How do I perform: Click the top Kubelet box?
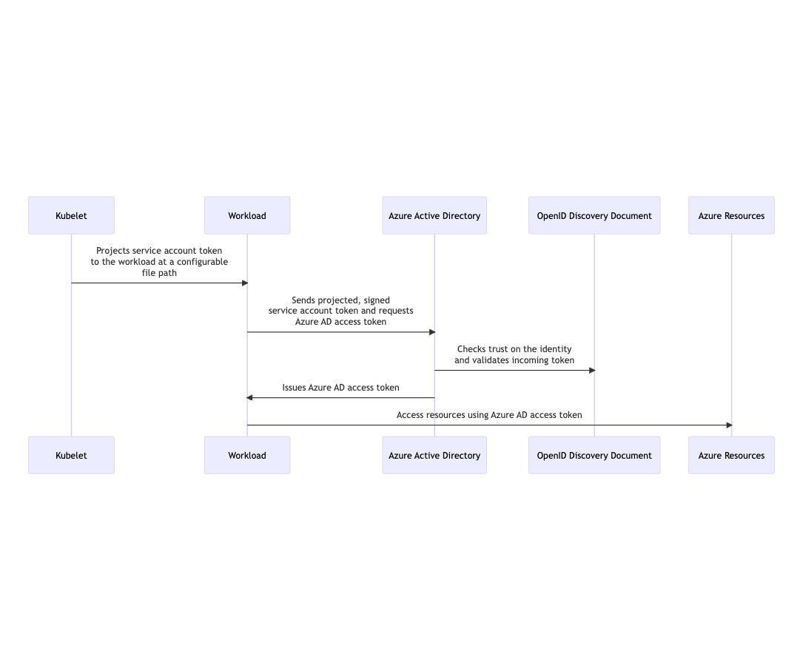[x=71, y=215]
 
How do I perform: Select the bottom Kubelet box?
[x=71, y=455]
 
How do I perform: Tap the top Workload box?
[x=247, y=215]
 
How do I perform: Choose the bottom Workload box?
[x=247, y=455]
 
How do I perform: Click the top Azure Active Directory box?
[x=434, y=215]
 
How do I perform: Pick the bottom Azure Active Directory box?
[x=434, y=455]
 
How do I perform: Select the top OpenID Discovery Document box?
[x=594, y=215]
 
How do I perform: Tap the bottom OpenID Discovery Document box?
[x=594, y=455]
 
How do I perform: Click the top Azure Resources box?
[x=731, y=215]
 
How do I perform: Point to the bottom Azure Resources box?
[x=731, y=455]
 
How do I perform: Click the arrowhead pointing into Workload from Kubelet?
[x=244, y=283]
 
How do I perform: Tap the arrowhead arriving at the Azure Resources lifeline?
[x=728, y=425]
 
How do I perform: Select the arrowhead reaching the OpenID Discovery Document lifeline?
[x=591, y=371]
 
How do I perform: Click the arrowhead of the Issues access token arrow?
[x=250, y=398]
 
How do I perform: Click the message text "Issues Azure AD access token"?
[x=340, y=388]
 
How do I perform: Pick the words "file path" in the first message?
[x=159, y=273]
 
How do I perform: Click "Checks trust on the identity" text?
[x=514, y=349]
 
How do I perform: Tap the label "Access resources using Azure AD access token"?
[x=489, y=415]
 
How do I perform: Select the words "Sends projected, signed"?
[x=340, y=300]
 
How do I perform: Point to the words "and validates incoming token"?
[x=514, y=360]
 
